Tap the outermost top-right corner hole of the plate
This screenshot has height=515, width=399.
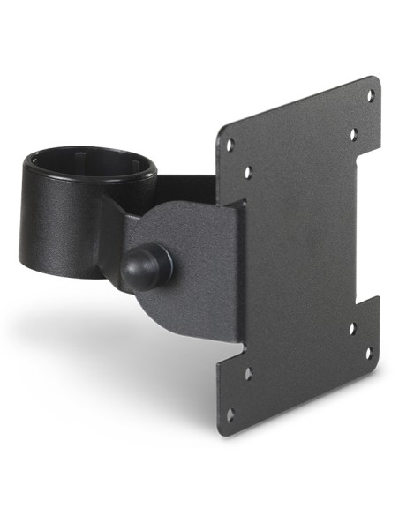pos(370,94)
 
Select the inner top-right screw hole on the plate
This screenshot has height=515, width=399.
pos(352,134)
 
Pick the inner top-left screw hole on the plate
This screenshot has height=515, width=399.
pos(247,172)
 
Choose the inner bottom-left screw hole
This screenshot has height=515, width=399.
pos(247,373)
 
